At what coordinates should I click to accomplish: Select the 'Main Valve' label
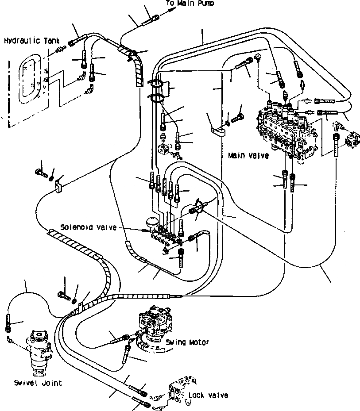tap(248, 156)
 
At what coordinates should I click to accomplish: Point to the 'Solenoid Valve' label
tap(95, 227)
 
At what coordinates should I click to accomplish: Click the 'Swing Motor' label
tap(187, 342)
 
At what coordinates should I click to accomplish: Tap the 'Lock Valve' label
tap(208, 395)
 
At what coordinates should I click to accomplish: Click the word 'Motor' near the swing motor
tap(198, 342)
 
